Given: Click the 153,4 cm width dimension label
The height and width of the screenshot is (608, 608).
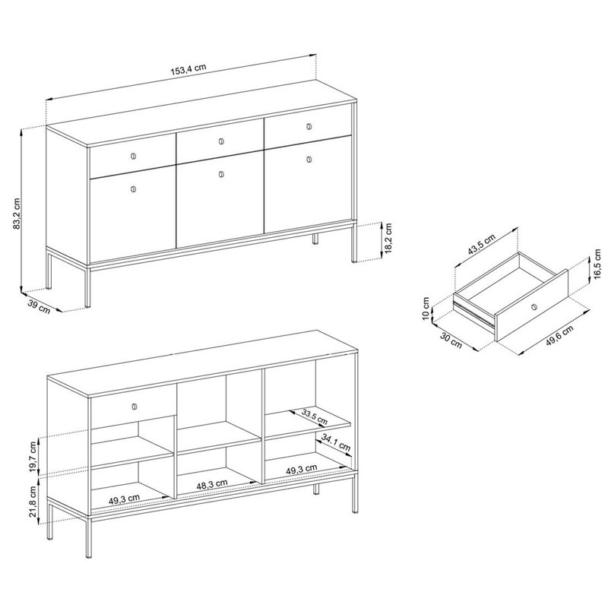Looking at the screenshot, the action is (188, 69).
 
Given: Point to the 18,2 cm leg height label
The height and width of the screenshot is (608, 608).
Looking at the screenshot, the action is (388, 238).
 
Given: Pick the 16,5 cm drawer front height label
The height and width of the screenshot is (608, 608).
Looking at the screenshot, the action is (597, 263).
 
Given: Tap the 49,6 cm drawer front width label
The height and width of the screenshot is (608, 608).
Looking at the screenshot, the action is (559, 335).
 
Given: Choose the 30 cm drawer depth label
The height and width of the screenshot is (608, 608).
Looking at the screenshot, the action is (451, 340).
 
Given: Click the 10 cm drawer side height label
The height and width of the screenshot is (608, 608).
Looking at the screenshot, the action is (426, 309).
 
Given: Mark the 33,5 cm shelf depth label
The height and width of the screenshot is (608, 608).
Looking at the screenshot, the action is (315, 416).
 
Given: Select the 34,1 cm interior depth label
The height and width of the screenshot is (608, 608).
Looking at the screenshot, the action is (336, 443).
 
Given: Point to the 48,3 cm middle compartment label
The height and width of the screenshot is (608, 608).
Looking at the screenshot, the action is (212, 484).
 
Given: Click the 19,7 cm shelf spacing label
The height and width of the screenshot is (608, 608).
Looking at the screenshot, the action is (34, 457).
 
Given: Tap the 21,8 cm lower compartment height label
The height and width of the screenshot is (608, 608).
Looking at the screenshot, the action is (34, 502).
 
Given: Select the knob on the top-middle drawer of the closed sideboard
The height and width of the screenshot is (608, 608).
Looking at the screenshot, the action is (221, 141).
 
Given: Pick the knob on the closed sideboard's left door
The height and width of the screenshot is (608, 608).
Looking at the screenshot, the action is (134, 188).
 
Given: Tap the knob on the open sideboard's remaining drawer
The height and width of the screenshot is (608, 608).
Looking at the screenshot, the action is (134, 406).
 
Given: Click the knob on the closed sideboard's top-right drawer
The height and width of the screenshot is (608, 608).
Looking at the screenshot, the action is (309, 126).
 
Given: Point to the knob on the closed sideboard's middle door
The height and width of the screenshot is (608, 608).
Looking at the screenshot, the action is (221, 174).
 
